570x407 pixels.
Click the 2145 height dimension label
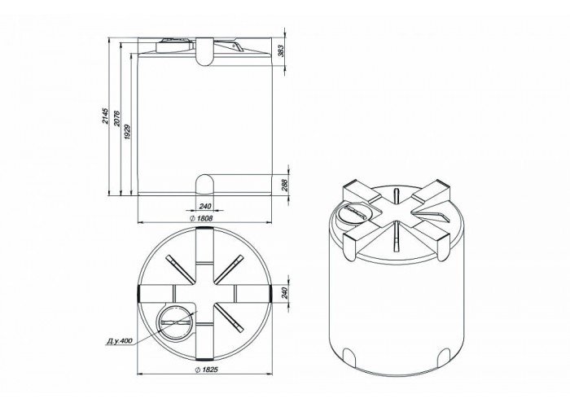click(105, 116)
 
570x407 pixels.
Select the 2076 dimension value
click(116, 119)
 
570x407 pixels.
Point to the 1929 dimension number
click(127, 132)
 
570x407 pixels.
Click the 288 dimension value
click(285, 186)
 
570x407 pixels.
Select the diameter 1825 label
click(206, 370)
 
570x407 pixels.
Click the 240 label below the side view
click(205, 207)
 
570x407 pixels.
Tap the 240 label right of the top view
click(285, 293)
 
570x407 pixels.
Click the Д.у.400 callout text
click(119, 341)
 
